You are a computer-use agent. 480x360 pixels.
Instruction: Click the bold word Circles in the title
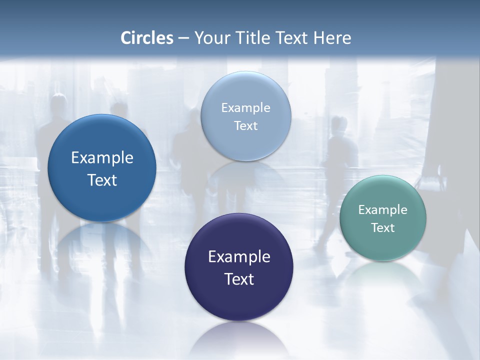pyautogui.click(x=146, y=38)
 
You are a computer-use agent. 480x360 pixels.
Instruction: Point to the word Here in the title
pyautogui.click(x=332, y=38)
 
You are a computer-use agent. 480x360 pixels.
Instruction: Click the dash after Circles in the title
pyautogui.click(x=183, y=38)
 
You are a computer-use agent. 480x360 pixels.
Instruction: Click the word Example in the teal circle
pyautogui.click(x=382, y=210)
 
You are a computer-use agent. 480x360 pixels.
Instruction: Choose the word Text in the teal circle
pyautogui.click(x=382, y=228)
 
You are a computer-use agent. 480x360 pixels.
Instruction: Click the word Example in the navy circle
pyautogui.click(x=239, y=257)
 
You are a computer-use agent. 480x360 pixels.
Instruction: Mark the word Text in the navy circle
pyautogui.click(x=239, y=279)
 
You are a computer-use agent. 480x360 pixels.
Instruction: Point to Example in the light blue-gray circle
pyautogui.click(x=245, y=107)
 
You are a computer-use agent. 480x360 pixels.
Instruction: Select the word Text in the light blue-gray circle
pyautogui.click(x=245, y=125)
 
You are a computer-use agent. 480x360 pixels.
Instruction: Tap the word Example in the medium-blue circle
pyautogui.click(x=102, y=158)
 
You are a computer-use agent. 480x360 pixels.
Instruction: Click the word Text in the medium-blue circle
pyautogui.click(x=102, y=180)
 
